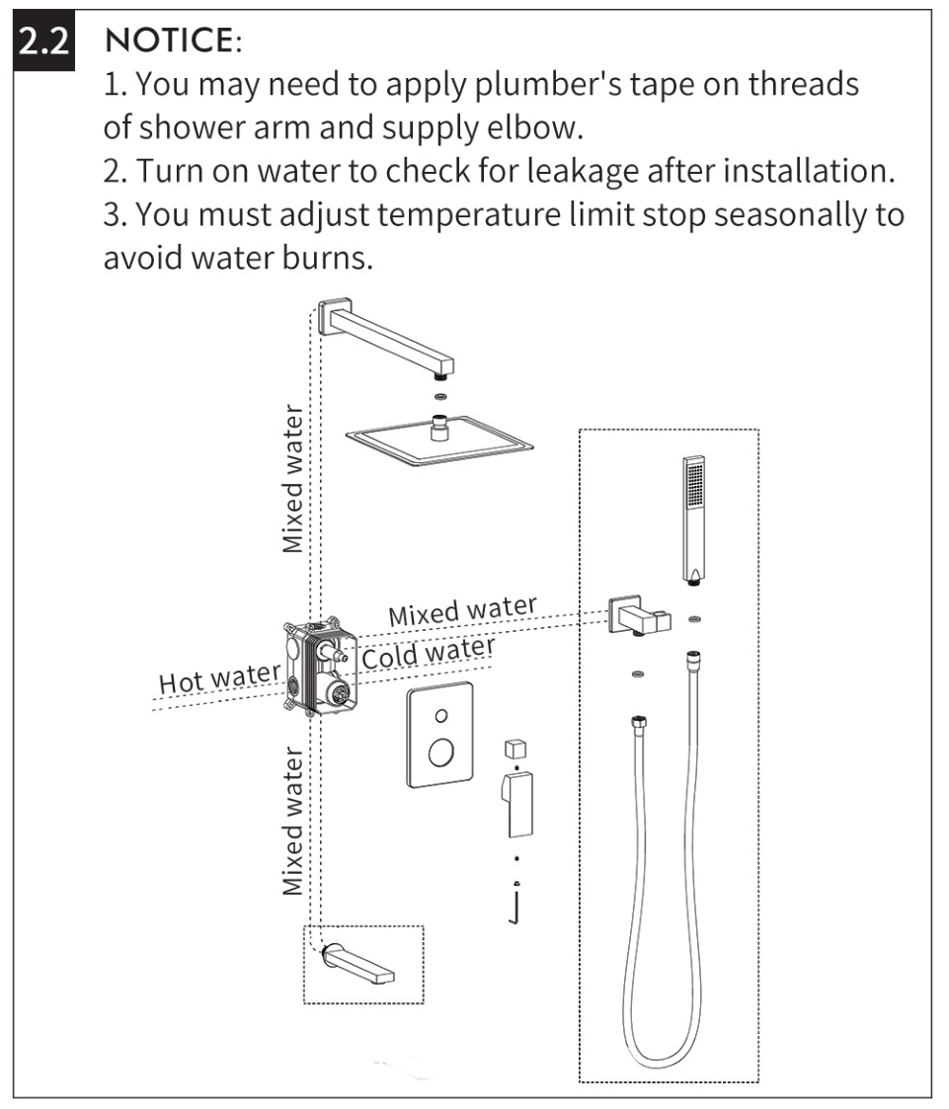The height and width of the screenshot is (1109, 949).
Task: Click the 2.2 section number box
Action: (x=43, y=41)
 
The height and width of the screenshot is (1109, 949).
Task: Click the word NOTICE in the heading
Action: (x=169, y=40)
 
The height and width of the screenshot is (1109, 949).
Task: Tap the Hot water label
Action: (x=219, y=679)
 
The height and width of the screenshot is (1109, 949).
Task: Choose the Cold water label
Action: (x=429, y=652)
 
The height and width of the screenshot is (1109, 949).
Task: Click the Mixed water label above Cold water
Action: (x=462, y=609)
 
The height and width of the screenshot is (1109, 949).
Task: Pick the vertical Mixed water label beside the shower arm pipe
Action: (x=292, y=479)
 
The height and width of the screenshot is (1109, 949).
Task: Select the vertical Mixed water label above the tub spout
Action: (x=292, y=822)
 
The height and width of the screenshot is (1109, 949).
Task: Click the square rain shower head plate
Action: (x=439, y=442)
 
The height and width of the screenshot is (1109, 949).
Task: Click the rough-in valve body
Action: (x=320, y=667)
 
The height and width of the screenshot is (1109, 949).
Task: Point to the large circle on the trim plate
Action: (x=441, y=753)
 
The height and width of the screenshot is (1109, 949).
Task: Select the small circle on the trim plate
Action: (x=441, y=715)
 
